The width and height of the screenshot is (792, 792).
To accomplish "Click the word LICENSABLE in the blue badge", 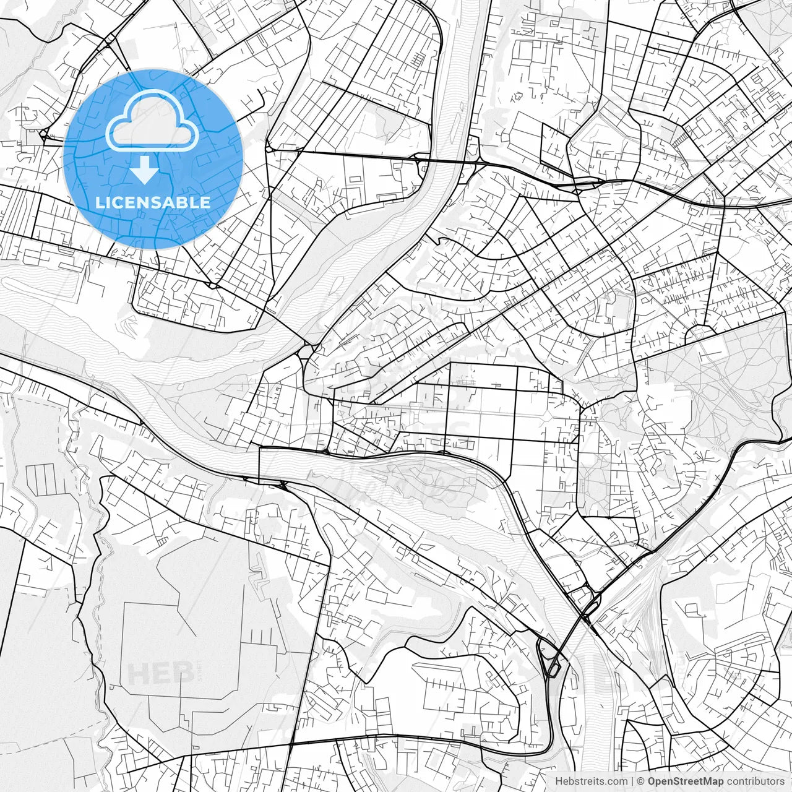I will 152,202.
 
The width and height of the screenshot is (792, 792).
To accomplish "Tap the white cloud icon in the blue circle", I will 152,121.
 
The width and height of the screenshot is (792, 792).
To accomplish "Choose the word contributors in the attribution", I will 755,781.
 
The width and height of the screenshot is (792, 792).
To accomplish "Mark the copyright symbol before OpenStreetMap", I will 642,781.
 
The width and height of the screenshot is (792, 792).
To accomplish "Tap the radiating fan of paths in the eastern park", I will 705,396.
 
